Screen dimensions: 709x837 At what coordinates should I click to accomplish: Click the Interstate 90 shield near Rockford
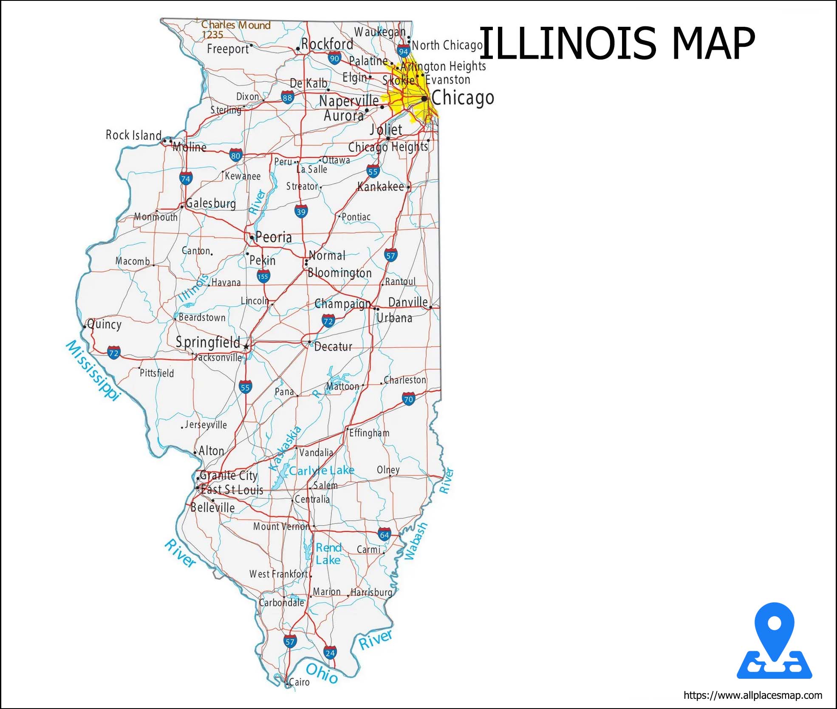(334, 58)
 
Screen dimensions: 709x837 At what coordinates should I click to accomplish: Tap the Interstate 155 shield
(263, 277)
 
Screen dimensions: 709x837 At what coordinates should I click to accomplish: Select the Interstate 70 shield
(408, 399)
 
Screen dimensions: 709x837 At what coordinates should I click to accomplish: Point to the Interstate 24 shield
(330, 652)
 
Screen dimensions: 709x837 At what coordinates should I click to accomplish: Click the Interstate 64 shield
(384, 535)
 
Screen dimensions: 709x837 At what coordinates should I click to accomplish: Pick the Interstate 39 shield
(301, 212)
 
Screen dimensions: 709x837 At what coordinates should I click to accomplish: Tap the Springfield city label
(208, 342)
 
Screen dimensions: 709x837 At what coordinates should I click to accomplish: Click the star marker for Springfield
(246, 347)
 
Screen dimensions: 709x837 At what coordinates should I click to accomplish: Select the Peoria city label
(274, 237)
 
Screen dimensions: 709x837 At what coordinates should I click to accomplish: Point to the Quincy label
(105, 324)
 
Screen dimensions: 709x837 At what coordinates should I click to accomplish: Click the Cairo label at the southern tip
(299, 682)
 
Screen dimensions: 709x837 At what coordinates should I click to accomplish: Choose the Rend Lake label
(328, 554)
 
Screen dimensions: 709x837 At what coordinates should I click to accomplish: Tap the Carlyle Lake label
(322, 470)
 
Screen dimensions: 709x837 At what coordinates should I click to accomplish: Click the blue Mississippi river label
(93, 370)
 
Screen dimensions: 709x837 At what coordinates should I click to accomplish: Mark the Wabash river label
(416, 541)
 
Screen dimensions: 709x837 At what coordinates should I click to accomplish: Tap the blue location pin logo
(774, 641)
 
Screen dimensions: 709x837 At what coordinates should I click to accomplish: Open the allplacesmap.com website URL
(753, 695)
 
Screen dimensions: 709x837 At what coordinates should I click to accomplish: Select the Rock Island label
(133, 135)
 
